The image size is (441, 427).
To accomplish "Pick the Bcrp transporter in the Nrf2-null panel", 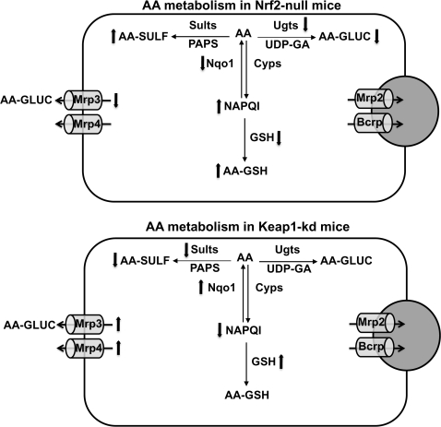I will tap(369, 120).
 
